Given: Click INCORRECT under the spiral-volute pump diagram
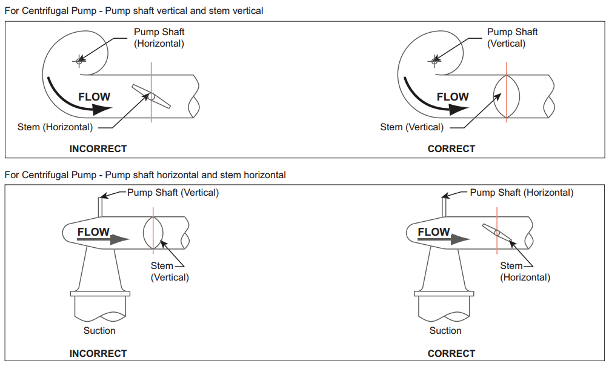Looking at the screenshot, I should [98, 148].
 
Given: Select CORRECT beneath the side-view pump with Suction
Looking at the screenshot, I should [451, 353].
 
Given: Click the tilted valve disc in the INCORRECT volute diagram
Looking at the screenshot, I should [151, 96].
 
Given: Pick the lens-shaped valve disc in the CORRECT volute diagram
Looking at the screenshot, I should [507, 96].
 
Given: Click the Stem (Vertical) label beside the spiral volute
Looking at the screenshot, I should [411, 127].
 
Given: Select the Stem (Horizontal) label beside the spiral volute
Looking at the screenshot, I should [55, 127].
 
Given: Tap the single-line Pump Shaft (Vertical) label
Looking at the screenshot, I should [173, 193].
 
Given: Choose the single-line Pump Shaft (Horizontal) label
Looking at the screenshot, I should [522, 193].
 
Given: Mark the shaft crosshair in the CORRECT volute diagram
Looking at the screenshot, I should [434, 60].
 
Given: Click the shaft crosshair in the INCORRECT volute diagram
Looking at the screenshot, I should [79, 60].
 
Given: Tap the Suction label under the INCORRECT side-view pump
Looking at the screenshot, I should [99, 330].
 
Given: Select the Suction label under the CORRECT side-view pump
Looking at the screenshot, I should [445, 330].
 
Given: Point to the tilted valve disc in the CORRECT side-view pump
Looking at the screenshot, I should [497, 232].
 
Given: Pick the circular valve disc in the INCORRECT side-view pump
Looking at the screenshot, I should [153, 232].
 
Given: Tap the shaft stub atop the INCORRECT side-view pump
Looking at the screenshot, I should [101, 207].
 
